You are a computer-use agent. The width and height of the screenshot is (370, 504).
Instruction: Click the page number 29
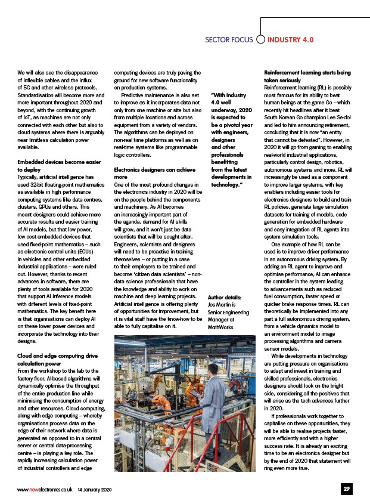point(346,489)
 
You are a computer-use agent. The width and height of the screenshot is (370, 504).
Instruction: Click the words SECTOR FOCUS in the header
point(229,40)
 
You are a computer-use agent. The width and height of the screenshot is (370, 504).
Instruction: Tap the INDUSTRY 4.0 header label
point(290,40)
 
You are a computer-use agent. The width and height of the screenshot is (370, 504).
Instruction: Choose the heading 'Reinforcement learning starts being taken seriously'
point(307,76)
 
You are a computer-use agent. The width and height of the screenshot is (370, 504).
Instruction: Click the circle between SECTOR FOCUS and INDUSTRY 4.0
point(260,40)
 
